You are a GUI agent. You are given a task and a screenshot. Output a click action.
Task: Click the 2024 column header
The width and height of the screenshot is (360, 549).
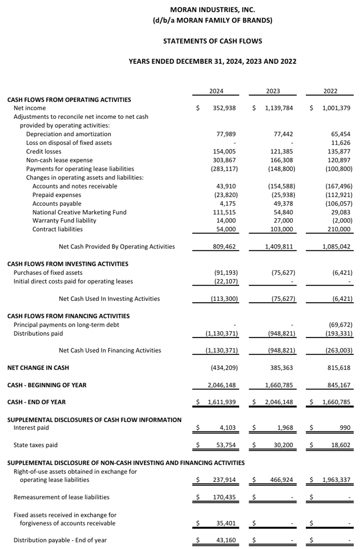tap(216, 91)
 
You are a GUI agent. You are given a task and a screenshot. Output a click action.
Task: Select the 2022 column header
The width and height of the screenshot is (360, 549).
tap(330, 91)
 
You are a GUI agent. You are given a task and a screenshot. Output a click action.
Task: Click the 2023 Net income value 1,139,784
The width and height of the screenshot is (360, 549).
tap(279, 108)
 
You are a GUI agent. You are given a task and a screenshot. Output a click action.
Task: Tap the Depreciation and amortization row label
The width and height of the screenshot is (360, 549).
tap(68, 134)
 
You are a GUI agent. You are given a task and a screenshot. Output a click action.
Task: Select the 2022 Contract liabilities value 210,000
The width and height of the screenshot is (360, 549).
tap(339, 229)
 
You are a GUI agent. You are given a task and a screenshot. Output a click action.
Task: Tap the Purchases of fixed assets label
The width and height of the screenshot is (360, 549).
tap(48, 272)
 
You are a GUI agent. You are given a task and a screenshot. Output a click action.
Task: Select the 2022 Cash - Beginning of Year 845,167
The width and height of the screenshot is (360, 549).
tap(339, 385)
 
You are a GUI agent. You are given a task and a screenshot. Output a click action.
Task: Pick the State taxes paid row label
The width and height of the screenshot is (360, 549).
tap(35, 445)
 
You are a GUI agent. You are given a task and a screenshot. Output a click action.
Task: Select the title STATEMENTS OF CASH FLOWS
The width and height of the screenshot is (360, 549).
tap(212, 41)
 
